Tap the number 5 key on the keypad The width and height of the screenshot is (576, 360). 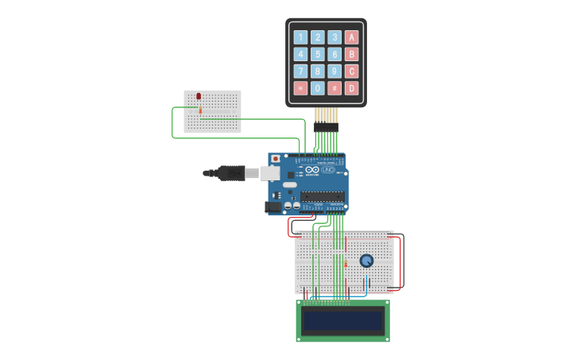coord(318,54)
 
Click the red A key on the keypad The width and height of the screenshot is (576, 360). coord(351,37)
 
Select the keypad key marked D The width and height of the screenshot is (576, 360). coord(351,88)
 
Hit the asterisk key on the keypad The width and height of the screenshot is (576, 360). coord(300,88)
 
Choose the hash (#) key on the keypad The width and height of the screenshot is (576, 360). coord(334,88)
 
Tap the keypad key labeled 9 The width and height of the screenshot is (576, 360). coord(334,72)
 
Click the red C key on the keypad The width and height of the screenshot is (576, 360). coord(351,72)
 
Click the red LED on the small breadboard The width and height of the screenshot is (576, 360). coord(199,96)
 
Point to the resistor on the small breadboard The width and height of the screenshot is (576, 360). coord(200,110)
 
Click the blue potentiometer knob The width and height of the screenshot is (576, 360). coord(366,261)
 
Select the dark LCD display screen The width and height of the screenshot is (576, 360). coord(343,320)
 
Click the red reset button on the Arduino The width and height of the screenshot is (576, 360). coord(276,159)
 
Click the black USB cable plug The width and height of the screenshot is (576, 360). coord(230,172)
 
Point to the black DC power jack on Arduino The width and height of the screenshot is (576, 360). coord(274,207)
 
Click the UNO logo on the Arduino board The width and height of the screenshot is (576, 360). coord(327,170)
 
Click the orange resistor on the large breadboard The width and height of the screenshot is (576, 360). coord(346,264)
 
